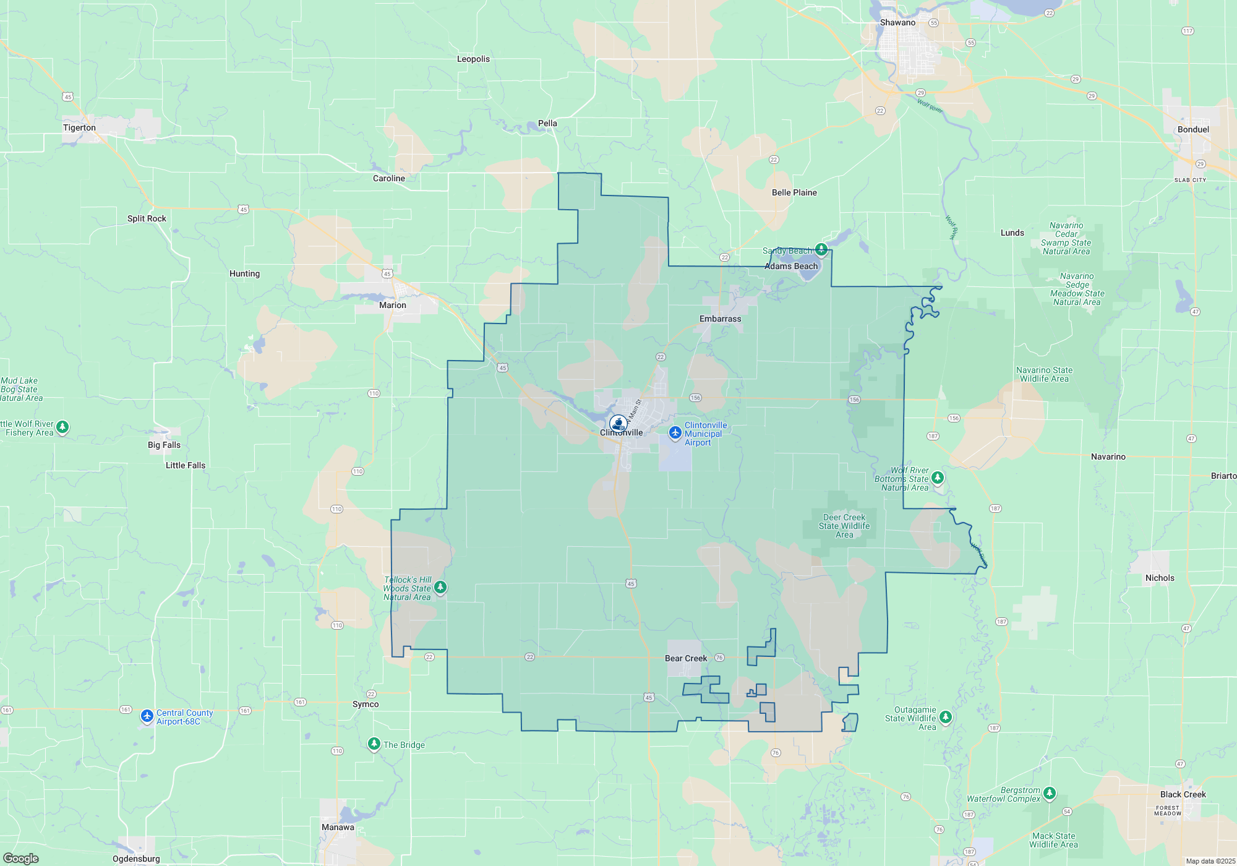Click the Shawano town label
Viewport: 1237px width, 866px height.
(x=897, y=22)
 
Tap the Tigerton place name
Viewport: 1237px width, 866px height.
(x=79, y=127)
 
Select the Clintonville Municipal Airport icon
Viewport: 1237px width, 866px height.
(x=675, y=432)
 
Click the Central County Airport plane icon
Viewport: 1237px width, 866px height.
(x=147, y=716)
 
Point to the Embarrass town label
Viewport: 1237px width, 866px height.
(x=720, y=319)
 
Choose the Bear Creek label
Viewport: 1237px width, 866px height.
(x=685, y=658)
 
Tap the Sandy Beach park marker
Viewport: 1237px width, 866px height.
(x=821, y=249)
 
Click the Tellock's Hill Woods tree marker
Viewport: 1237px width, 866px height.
(x=440, y=586)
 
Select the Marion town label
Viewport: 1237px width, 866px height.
(x=393, y=305)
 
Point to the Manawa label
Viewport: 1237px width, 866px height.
(x=338, y=827)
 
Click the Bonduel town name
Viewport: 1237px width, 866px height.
(x=1193, y=129)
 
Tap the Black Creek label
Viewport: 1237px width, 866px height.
(x=1183, y=794)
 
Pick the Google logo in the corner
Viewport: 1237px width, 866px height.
(x=21, y=858)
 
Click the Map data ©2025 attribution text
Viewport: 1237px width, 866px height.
(x=1210, y=861)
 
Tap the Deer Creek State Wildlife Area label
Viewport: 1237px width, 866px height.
(x=844, y=526)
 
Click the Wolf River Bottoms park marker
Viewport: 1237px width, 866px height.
(x=938, y=478)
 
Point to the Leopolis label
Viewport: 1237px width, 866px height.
(x=473, y=59)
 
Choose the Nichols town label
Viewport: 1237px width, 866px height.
(x=1160, y=578)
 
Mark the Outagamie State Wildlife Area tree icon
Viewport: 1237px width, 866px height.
(x=945, y=717)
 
